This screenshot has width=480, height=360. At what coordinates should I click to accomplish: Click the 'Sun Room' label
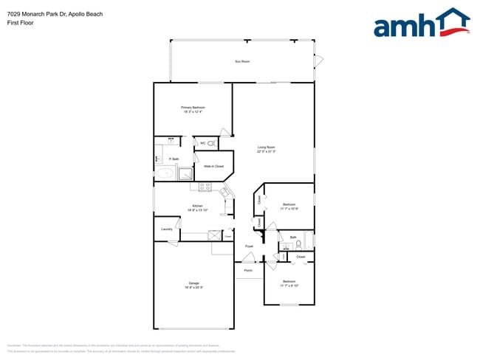(241, 61)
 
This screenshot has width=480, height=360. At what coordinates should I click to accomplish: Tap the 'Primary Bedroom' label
(193, 108)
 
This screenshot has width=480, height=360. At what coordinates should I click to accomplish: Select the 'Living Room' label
(266, 148)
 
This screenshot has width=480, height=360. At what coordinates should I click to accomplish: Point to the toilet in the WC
(210, 143)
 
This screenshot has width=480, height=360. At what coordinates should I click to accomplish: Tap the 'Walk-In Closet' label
(213, 166)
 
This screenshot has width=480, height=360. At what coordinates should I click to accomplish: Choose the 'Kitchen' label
(197, 206)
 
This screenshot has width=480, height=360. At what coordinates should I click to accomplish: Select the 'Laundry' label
(167, 229)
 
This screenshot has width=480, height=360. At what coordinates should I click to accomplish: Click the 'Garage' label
(193, 284)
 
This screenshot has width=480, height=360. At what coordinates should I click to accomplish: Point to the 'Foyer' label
(249, 246)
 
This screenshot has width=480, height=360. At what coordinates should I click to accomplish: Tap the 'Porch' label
(248, 270)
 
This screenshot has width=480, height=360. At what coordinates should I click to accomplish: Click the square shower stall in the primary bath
(186, 174)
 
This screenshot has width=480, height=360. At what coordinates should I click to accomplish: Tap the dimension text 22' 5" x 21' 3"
(266, 152)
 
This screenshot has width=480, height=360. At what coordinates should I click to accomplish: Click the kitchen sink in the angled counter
(226, 192)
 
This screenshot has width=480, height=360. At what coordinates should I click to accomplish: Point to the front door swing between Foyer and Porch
(250, 258)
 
